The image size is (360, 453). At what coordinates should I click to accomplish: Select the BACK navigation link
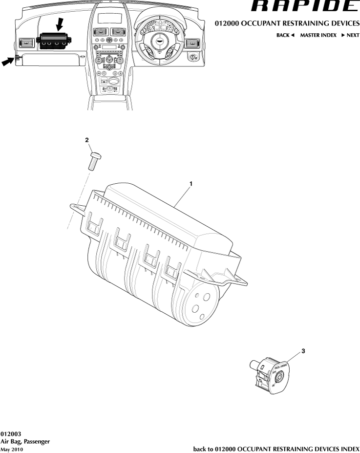click(x=285, y=36)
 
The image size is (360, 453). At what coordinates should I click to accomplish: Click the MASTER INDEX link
click(x=318, y=36)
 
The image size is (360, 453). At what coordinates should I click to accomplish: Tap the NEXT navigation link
click(x=350, y=36)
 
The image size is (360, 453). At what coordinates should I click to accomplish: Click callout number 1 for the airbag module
click(x=191, y=184)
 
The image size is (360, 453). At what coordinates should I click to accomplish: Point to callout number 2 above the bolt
click(x=87, y=140)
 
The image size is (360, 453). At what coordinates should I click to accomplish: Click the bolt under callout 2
click(x=94, y=160)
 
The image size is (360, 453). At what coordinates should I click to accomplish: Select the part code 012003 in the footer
click(x=11, y=433)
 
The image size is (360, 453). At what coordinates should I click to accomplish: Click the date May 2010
click(x=12, y=449)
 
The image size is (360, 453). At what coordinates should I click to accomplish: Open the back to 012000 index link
click(x=276, y=449)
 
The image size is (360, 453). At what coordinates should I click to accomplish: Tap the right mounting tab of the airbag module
click(x=240, y=277)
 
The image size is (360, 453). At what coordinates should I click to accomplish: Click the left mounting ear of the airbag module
click(x=77, y=209)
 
